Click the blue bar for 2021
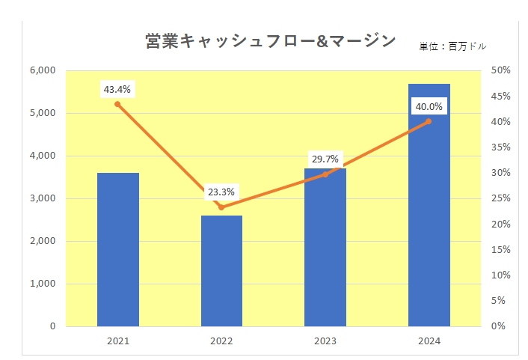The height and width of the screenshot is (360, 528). (118, 249)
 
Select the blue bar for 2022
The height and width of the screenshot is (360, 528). (221, 271)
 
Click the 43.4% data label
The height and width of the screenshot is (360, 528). (117, 90)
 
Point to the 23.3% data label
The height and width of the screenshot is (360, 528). (221, 192)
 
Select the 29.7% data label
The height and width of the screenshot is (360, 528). (325, 159)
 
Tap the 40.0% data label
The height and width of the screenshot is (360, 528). (429, 107)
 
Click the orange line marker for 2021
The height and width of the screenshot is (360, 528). (117, 104)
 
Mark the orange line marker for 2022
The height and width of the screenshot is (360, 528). (221, 207)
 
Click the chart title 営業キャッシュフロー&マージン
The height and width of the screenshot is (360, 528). (271, 42)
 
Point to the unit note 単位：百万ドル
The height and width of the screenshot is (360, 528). (452, 46)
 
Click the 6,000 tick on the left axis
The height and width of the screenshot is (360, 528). (43, 70)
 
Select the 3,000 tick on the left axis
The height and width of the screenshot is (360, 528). (43, 198)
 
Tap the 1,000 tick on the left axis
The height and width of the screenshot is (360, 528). (43, 284)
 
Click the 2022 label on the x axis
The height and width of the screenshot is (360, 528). (221, 341)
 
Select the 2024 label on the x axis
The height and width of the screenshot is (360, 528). (429, 341)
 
